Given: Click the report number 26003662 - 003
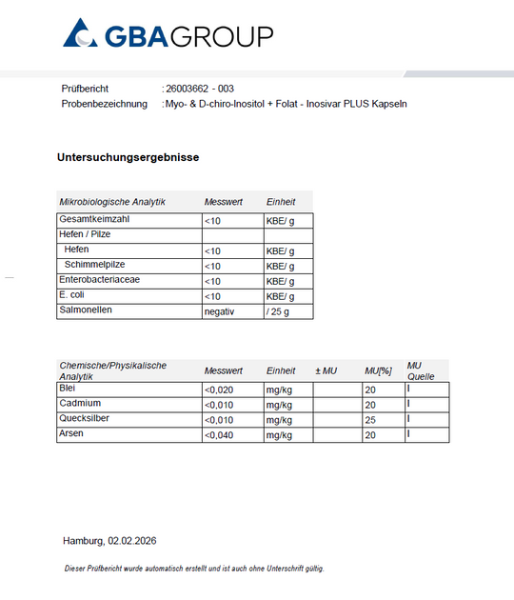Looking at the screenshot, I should [200, 89].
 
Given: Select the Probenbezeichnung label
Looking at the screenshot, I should [104, 103].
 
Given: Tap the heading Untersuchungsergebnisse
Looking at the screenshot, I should [128, 157].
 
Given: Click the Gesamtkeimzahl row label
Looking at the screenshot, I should [94, 220].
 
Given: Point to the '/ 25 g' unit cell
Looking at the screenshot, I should [277, 311].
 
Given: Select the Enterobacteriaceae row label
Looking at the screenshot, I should [101, 281].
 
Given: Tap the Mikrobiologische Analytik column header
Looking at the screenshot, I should [112, 202].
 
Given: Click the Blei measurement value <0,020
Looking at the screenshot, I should [218, 390].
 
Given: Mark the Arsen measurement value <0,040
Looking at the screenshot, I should [218, 435].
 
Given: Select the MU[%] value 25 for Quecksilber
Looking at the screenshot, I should [369, 420].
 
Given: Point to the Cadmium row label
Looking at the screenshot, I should [81, 404].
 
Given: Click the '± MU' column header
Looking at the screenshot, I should [326, 370].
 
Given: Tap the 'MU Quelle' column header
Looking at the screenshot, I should [421, 370].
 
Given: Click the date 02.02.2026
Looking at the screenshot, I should [132, 541].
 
